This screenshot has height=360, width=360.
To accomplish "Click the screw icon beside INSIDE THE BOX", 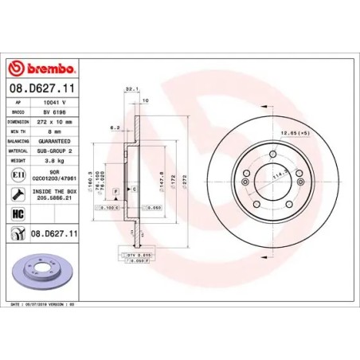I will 18,194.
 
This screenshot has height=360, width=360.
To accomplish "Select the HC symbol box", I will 18,213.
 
